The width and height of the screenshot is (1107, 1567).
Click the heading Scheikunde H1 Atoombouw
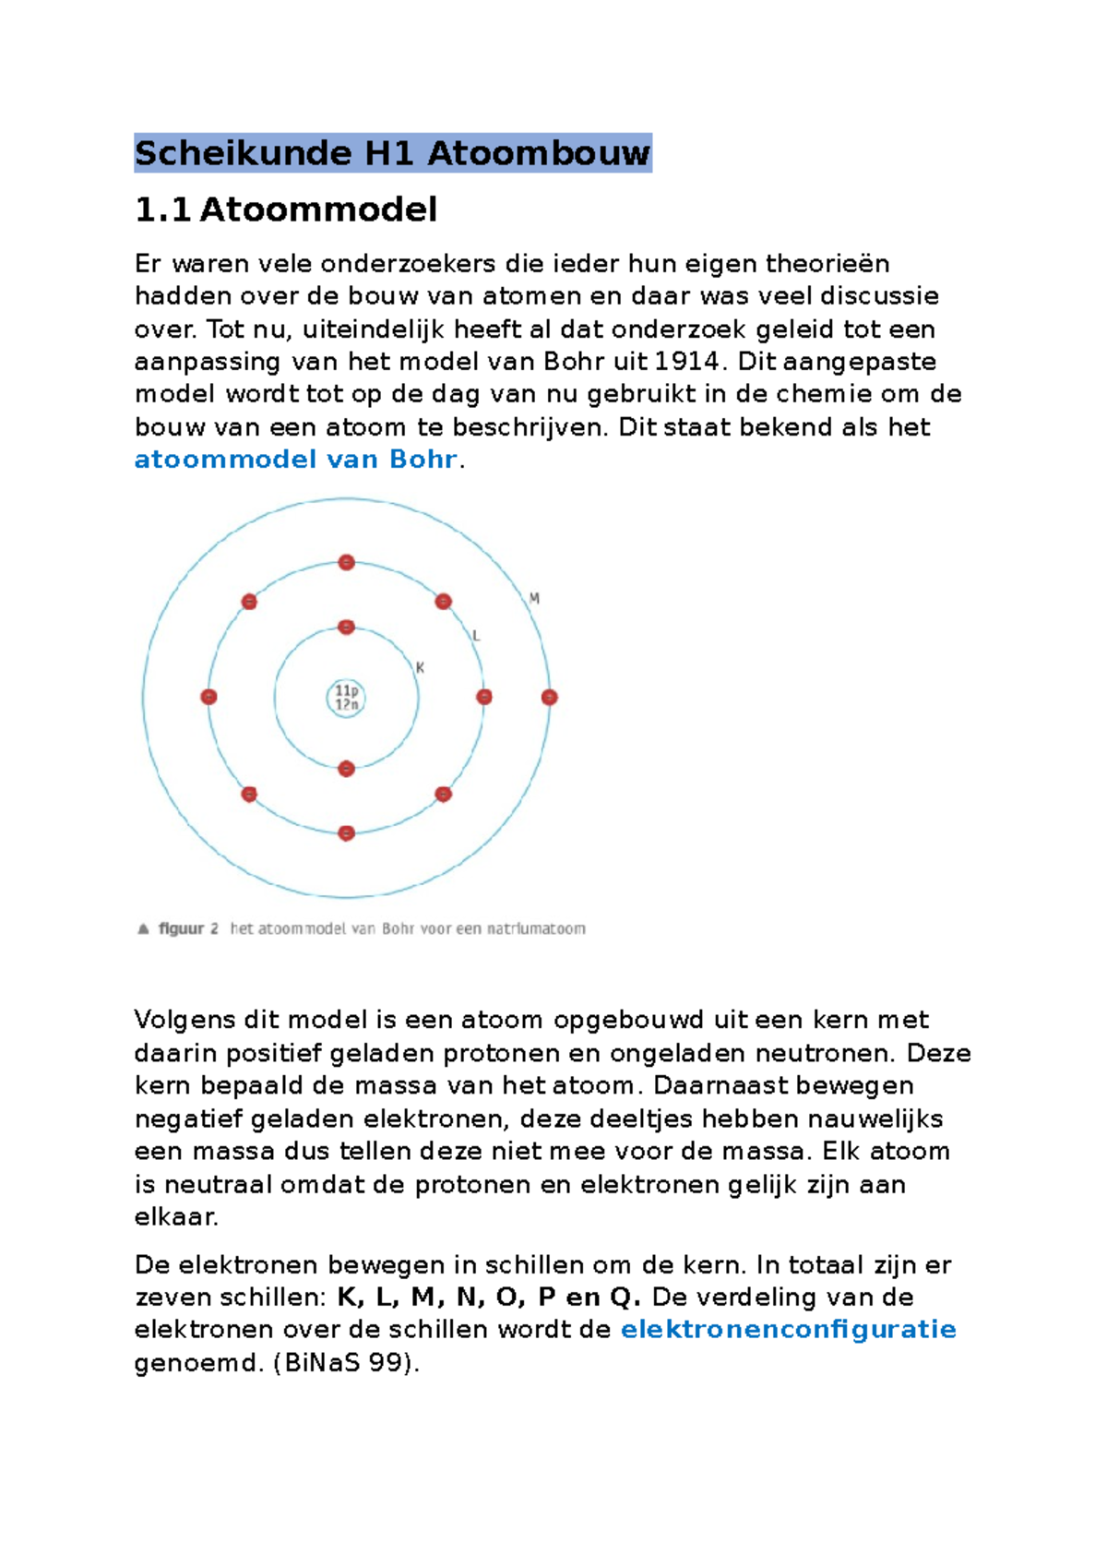[392, 153]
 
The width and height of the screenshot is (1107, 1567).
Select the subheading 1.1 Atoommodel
[286, 210]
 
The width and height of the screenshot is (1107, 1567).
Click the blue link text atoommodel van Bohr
[295, 460]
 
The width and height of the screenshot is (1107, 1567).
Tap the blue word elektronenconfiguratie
[788, 1330]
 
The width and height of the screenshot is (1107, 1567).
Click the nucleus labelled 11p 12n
[346, 698]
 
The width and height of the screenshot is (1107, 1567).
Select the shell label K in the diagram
[420, 667]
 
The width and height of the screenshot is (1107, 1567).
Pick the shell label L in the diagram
[476, 636]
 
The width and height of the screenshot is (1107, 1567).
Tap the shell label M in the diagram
[534, 598]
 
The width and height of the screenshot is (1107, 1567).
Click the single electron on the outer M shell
[549, 698]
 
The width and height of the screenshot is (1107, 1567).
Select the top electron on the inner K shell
[346, 628]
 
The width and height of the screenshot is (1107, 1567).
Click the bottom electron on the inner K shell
[346, 769]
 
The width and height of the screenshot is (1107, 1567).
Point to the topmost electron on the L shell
[346, 562]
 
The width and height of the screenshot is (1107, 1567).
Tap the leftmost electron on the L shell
[208, 698]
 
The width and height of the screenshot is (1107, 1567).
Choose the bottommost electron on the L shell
[346, 833]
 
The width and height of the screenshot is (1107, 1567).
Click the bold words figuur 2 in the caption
[188, 929]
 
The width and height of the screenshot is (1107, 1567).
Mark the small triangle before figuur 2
[143, 929]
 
